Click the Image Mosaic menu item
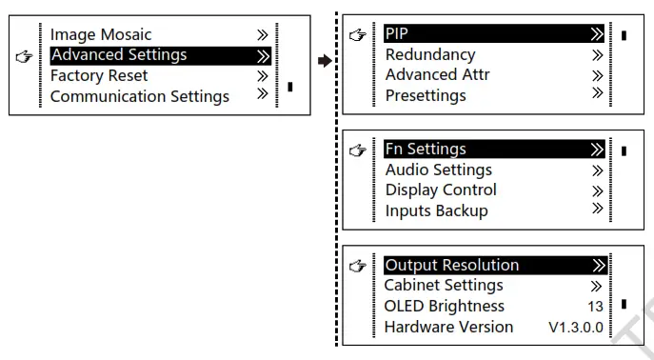click(x=101, y=35)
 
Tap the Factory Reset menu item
click(x=99, y=75)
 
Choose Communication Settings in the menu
click(x=139, y=96)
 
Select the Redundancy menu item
click(x=430, y=55)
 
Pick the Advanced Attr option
click(x=438, y=75)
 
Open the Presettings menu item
click(x=426, y=95)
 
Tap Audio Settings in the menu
click(x=439, y=170)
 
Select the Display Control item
click(x=441, y=190)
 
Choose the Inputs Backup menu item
click(x=436, y=210)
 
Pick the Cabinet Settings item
click(x=444, y=285)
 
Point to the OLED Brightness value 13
click(x=595, y=307)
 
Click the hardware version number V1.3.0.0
click(x=575, y=327)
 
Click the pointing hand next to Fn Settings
click(x=358, y=150)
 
